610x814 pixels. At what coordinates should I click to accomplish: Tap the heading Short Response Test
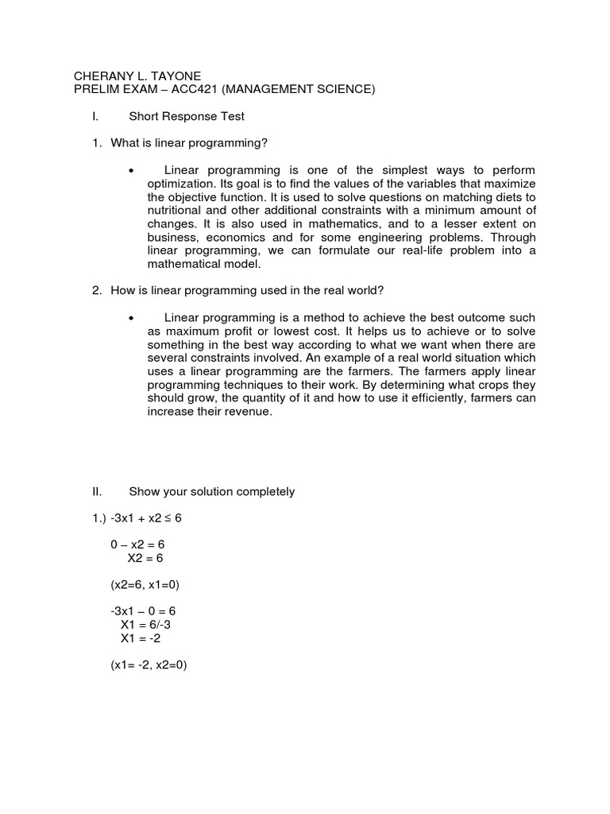[187, 116]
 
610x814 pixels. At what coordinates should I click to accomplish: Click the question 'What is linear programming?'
[189, 143]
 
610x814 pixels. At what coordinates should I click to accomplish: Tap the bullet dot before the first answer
[129, 171]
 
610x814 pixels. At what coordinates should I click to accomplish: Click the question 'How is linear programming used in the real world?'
[241, 291]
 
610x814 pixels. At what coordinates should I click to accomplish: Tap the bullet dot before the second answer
[129, 319]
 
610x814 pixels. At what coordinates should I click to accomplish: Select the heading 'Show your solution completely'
[211, 491]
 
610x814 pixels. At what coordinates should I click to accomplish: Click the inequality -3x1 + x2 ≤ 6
[146, 518]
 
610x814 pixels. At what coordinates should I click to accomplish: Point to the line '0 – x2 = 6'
[137, 545]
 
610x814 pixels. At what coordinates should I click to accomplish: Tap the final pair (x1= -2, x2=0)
[149, 665]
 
